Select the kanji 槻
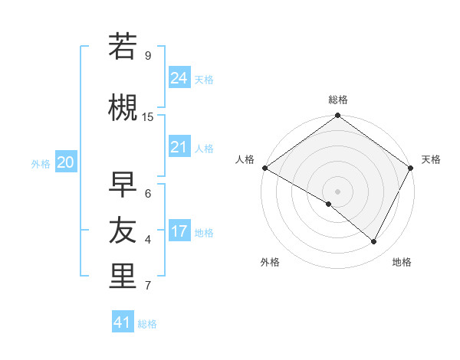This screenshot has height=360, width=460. click(123, 107)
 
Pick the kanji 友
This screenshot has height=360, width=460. click(123, 230)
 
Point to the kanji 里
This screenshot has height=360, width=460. click(123, 277)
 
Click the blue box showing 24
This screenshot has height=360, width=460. click(179, 78)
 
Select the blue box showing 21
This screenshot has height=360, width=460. click(179, 147)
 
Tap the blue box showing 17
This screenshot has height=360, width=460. click(179, 231)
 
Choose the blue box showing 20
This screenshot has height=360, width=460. click(66, 162)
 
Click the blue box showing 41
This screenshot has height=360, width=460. click(123, 322)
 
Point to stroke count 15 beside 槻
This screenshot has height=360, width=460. click(148, 116)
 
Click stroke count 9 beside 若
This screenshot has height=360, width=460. click(147, 56)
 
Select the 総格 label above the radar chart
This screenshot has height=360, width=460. click(338, 100)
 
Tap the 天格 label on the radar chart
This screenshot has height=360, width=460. click(431, 159)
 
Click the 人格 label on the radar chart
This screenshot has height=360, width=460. click(245, 159)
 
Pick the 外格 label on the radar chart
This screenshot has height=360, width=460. click(270, 262)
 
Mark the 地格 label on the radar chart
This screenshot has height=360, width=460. click(402, 262)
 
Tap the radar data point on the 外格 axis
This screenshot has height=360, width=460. click(329, 205)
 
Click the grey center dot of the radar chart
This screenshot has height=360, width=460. click(337, 191)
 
